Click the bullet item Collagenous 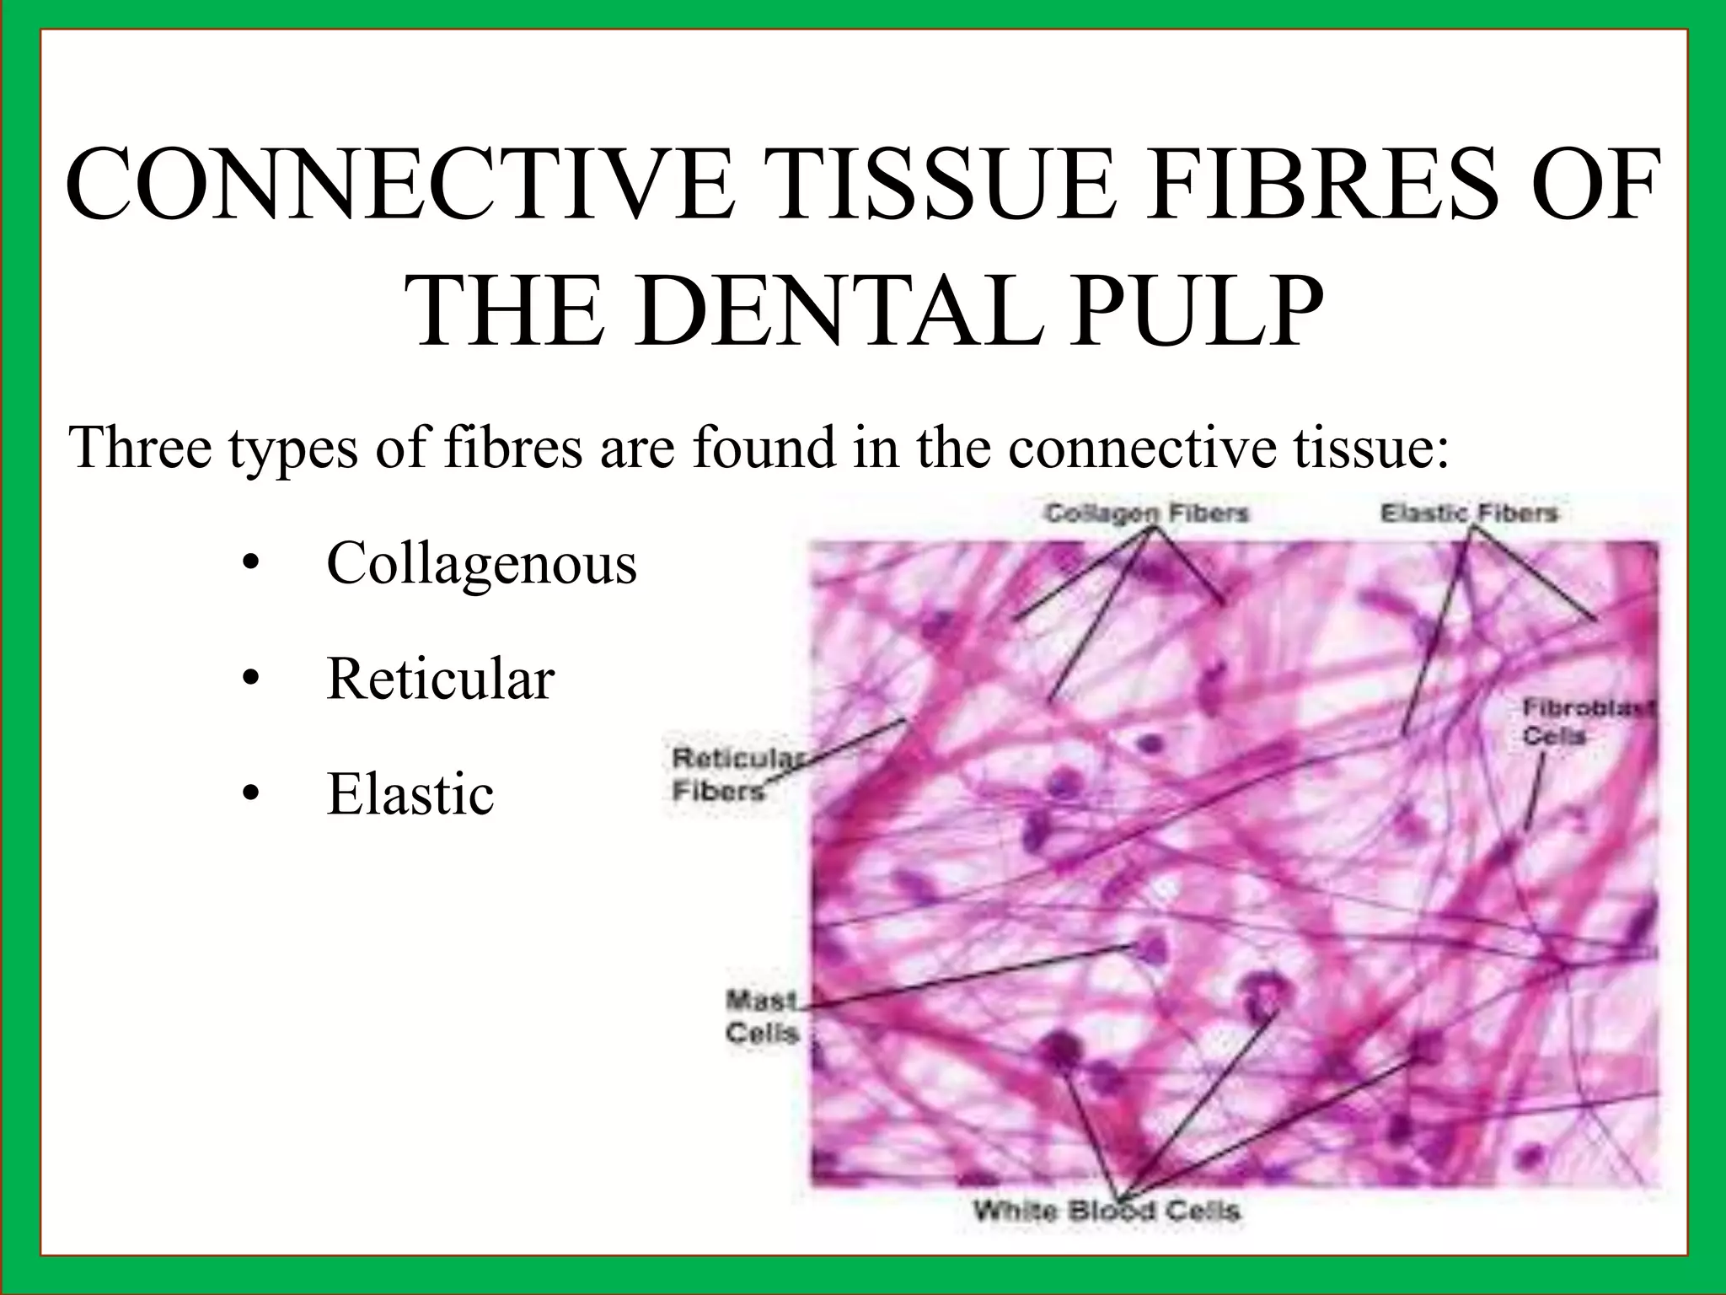pos(481,562)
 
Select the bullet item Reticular pos(441,678)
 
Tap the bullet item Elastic pos(410,793)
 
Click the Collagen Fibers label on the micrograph pos(1146,513)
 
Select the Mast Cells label pos(762,1017)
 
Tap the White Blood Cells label pos(1107,1212)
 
